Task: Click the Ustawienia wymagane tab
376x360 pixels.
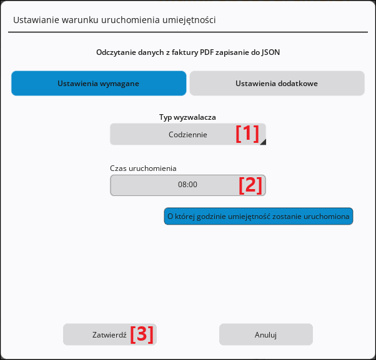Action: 99,84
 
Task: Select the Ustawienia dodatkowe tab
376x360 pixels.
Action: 277,84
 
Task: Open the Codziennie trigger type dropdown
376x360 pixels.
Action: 188,134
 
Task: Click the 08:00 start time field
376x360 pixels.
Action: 188,185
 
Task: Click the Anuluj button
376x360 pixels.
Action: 266,334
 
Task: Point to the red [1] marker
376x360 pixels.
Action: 247,134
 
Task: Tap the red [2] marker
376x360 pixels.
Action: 250,185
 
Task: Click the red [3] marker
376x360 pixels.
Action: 142,334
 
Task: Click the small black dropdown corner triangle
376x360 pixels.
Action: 264,142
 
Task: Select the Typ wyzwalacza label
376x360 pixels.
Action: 187,117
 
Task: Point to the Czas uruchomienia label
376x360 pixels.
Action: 143,168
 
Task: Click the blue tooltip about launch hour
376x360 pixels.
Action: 259,216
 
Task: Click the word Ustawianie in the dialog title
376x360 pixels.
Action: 36,20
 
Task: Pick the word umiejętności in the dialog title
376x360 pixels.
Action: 189,20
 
